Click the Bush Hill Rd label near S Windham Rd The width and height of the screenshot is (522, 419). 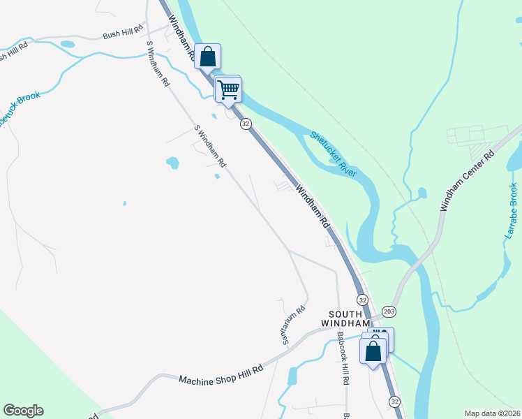pyautogui.click(x=123, y=33)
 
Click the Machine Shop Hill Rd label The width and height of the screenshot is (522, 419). pyautogui.click(x=221, y=374)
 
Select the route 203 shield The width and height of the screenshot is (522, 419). pyautogui.click(x=389, y=311)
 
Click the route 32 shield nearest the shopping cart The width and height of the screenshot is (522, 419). pyautogui.click(x=246, y=124)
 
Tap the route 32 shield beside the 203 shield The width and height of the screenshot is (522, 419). pyautogui.click(x=362, y=299)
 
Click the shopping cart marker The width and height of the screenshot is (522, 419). pyautogui.click(x=228, y=89)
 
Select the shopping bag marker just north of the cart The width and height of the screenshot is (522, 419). pyautogui.click(x=208, y=56)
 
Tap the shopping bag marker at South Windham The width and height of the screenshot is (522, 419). pyautogui.click(x=373, y=348)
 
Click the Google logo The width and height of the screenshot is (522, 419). pyautogui.click(x=23, y=411)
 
